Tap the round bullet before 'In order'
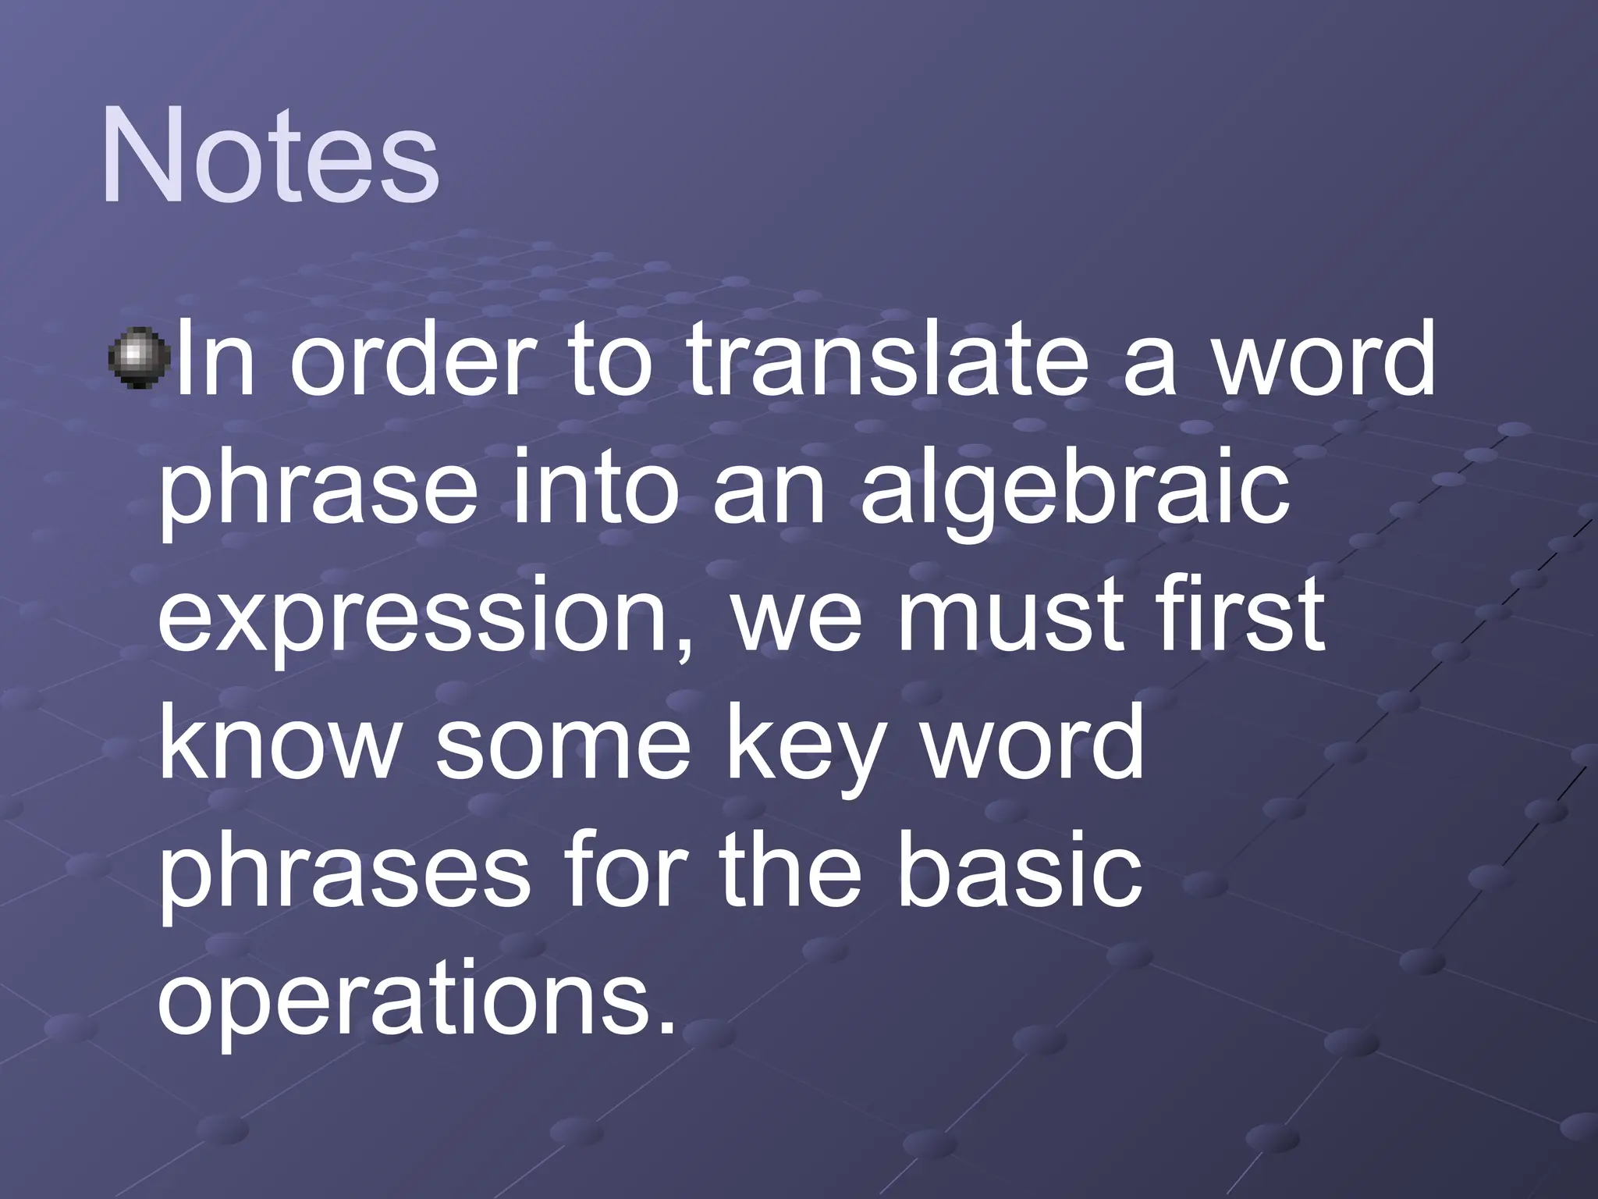tap(137, 357)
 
